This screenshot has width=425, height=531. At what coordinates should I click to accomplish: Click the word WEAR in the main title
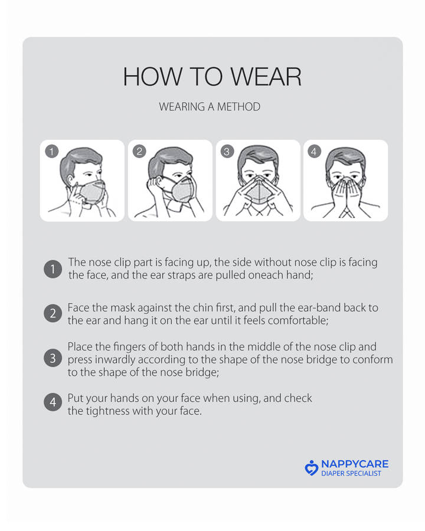pyautogui.click(x=266, y=77)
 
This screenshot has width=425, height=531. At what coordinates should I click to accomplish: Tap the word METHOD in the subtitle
pyautogui.click(x=238, y=107)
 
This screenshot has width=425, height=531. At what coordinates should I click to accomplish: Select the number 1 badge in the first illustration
pyautogui.click(x=52, y=152)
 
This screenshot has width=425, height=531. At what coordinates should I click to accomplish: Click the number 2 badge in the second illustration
pyautogui.click(x=139, y=152)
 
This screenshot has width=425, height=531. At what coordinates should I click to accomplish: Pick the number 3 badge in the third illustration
pyautogui.click(x=227, y=152)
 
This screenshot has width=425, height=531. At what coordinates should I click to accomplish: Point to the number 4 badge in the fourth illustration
pyautogui.click(x=314, y=152)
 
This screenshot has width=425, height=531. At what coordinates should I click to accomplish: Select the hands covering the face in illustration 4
pyautogui.click(x=346, y=195)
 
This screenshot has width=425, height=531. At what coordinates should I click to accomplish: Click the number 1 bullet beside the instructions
pyautogui.click(x=53, y=269)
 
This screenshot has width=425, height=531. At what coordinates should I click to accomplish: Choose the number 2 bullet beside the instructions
pyautogui.click(x=53, y=313)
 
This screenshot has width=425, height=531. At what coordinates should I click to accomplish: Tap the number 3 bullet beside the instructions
pyautogui.click(x=53, y=358)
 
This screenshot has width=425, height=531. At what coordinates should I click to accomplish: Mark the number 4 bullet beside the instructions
pyautogui.click(x=53, y=402)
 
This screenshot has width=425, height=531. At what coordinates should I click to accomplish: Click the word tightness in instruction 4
pyautogui.click(x=107, y=411)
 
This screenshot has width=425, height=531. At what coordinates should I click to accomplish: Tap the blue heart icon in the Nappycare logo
pyautogui.click(x=312, y=468)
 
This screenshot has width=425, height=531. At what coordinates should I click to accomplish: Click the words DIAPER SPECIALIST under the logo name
pyautogui.click(x=351, y=473)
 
